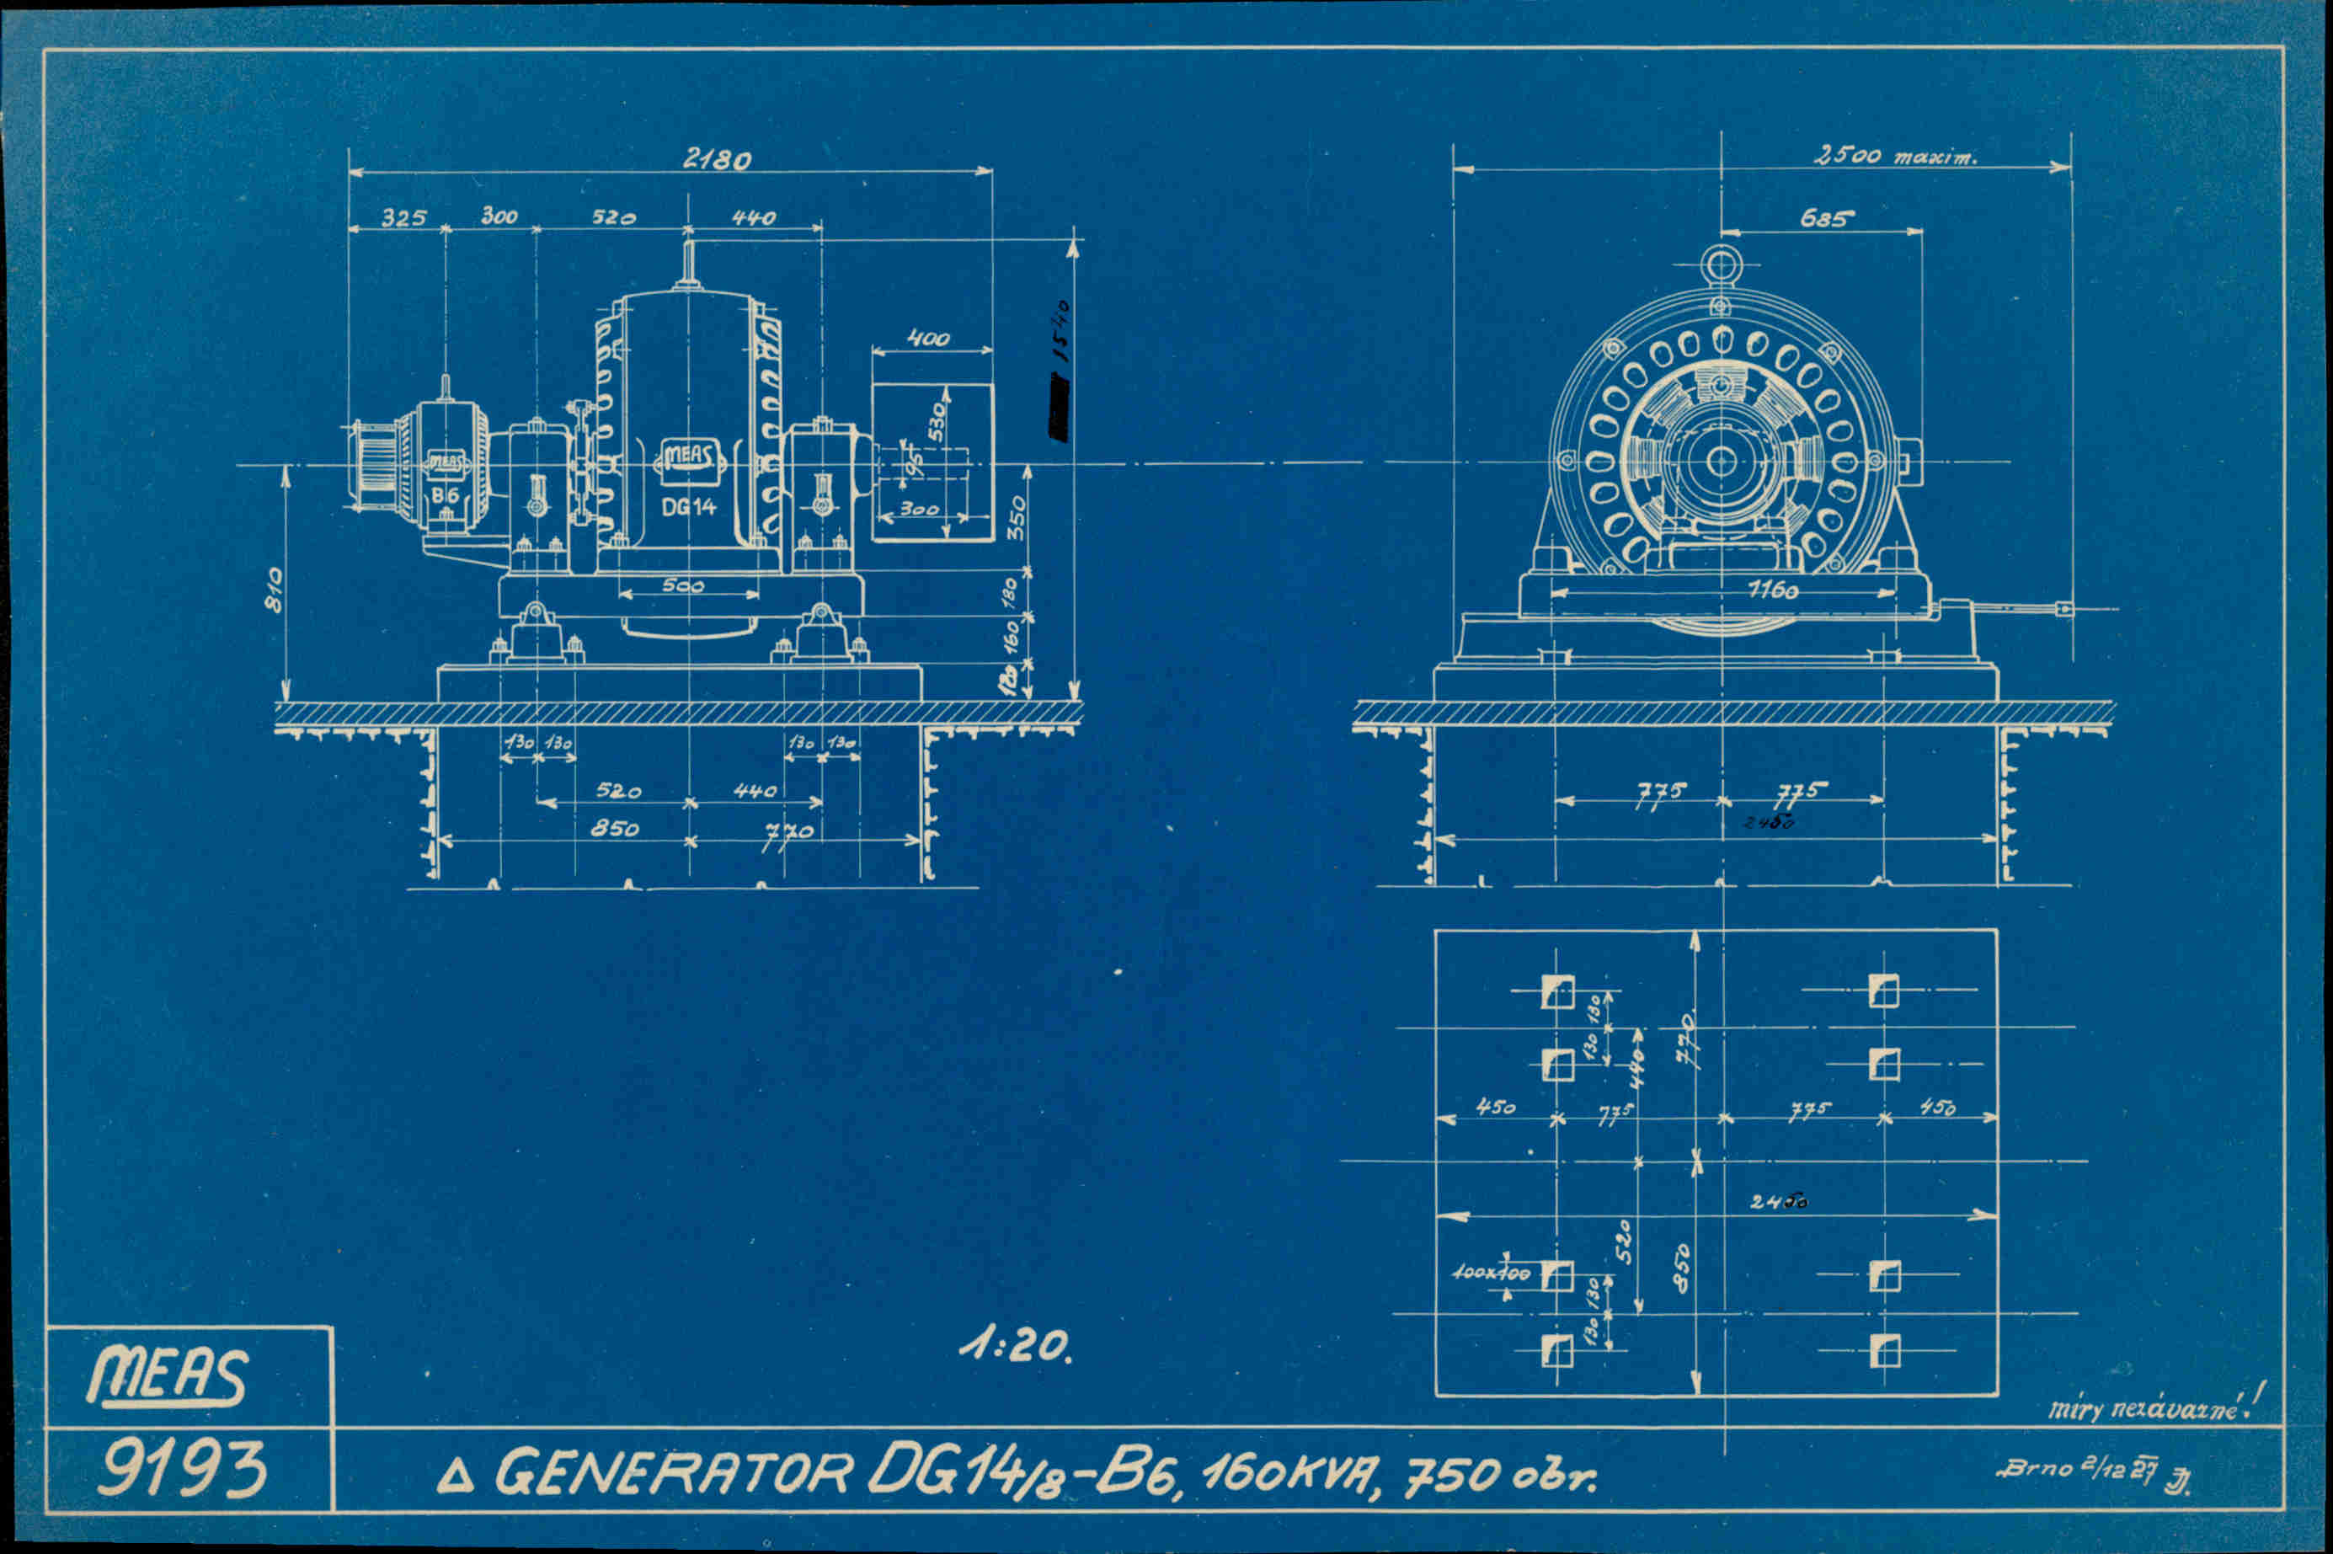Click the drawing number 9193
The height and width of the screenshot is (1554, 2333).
coord(183,1468)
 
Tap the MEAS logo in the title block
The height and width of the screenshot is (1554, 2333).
coord(167,1375)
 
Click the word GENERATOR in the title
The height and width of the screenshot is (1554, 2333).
coord(674,1473)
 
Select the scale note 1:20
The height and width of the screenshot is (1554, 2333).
coord(1015,1346)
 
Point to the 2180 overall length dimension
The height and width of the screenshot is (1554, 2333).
coord(718,158)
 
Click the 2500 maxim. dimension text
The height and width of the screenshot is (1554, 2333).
coord(1894,157)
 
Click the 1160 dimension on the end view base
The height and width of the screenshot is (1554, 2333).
coord(1773,590)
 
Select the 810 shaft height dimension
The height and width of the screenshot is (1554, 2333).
coord(275,590)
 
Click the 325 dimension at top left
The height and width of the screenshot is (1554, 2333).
coord(404,218)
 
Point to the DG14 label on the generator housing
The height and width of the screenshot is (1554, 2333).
coord(689,507)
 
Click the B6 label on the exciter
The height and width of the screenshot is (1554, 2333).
coord(445,494)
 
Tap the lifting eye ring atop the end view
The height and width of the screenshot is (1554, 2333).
coord(1721,264)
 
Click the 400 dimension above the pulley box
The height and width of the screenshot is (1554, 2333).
coord(929,339)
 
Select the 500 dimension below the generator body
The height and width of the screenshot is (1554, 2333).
coord(683,585)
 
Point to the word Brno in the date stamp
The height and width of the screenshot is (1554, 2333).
coord(2037,1469)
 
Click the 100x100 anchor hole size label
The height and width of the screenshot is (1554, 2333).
coord(1492,1273)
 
